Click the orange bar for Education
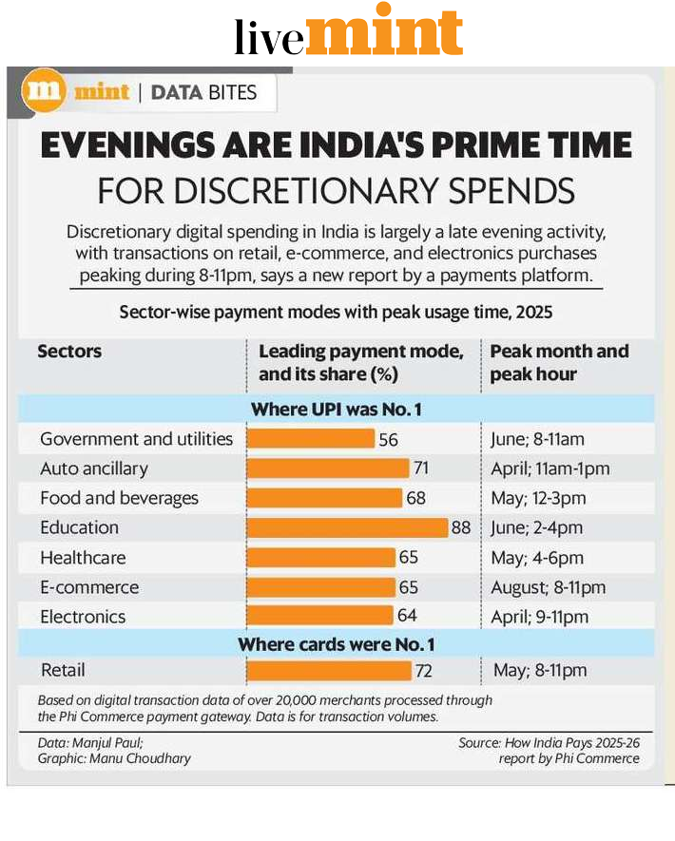pyautogui.click(x=347, y=527)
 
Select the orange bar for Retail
pyautogui.click(x=329, y=671)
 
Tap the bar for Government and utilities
pyautogui.click(x=311, y=438)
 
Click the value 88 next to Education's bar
pyautogui.click(x=461, y=527)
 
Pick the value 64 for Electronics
pyautogui.click(x=407, y=617)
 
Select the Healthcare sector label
pyautogui.click(x=83, y=558)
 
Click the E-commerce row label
pyautogui.click(x=89, y=587)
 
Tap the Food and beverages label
pyautogui.click(x=119, y=498)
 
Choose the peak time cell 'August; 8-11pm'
pyautogui.click(x=548, y=587)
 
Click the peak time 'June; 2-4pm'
pyautogui.click(x=536, y=527)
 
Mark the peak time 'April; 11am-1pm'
pyautogui.click(x=550, y=468)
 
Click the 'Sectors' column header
pyautogui.click(x=69, y=352)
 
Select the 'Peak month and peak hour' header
pyautogui.click(x=559, y=362)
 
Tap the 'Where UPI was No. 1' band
pyautogui.click(x=336, y=410)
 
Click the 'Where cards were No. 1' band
pyautogui.click(x=336, y=644)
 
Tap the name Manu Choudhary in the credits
pyautogui.click(x=140, y=758)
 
